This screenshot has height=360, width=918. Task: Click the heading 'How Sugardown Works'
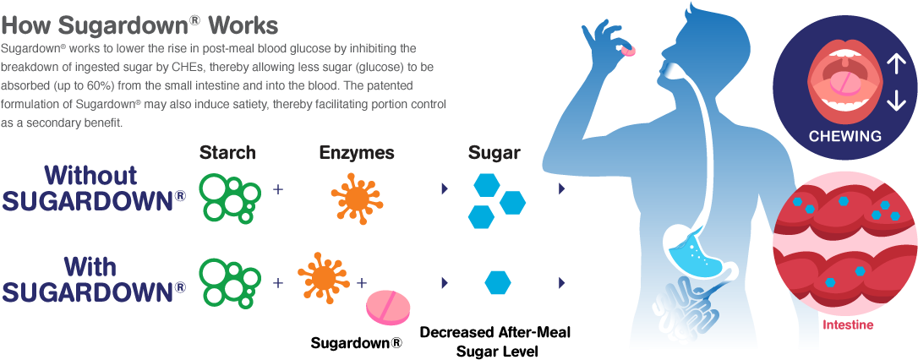tap(139, 22)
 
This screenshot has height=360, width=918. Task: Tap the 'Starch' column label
tap(227, 153)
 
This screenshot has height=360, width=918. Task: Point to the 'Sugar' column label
tap(495, 153)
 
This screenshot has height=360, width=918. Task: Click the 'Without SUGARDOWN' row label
tap(94, 188)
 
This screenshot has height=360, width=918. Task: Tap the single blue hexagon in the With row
tap(497, 281)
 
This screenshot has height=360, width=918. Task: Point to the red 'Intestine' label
tap(848, 325)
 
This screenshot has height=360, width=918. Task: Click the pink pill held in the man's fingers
tap(628, 52)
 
